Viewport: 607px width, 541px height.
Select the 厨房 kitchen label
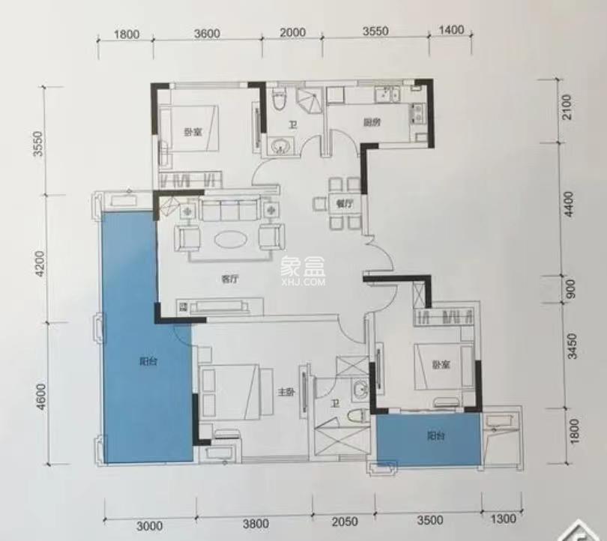369,122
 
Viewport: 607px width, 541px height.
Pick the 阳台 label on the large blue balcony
148,361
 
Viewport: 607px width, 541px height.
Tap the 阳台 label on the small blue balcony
434,435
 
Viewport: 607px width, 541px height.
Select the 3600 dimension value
207,33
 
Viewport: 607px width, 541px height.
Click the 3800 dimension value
256,522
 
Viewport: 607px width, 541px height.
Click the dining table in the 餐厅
344,203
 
